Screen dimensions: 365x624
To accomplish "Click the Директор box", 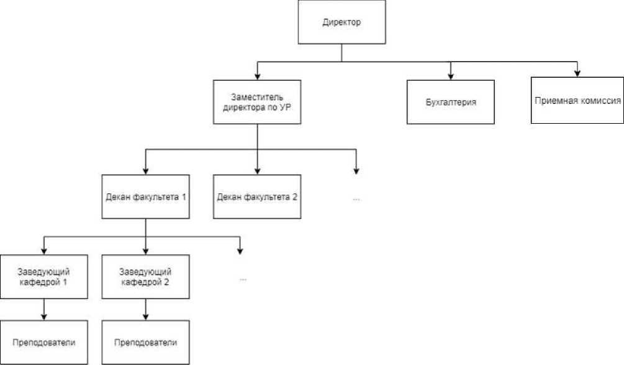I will [x=342, y=23].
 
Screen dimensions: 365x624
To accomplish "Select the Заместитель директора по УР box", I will [x=257, y=102].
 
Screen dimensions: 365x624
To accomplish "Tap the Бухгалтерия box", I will [x=451, y=102].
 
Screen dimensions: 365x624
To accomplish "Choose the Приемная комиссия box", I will [x=577, y=99].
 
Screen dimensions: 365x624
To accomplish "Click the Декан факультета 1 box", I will [x=145, y=196].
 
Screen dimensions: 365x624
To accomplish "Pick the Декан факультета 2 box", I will [x=257, y=196].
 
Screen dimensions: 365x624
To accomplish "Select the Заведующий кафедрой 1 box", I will [x=43, y=277].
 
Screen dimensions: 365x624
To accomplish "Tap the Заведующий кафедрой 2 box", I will [x=145, y=277].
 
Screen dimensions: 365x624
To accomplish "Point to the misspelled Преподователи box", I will [x=145, y=343].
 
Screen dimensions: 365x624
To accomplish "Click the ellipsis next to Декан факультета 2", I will [x=356, y=199].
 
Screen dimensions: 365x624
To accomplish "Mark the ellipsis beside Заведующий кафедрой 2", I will [x=243, y=279].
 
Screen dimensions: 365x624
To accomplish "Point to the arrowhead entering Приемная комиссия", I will [x=577, y=73].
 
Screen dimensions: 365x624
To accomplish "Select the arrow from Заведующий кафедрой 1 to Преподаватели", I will [x=43, y=309].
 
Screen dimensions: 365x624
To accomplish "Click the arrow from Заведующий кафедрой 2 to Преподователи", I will [x=145, y=309].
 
